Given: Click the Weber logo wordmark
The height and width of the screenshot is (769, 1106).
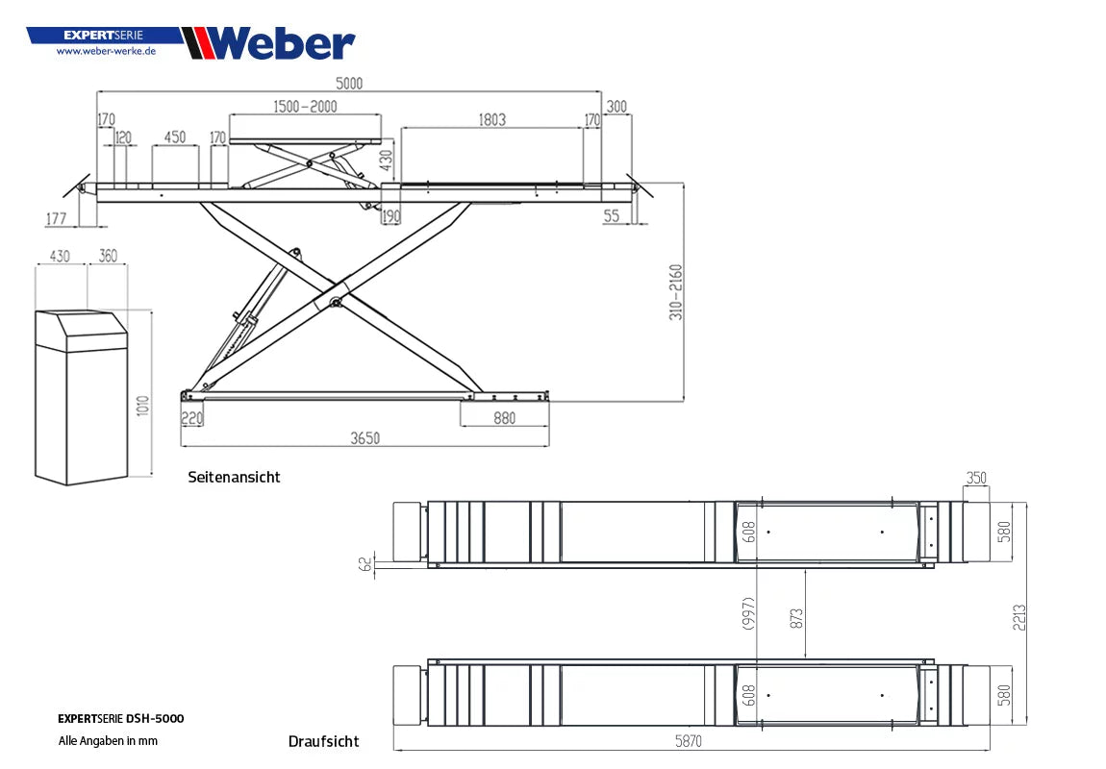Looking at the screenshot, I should (x=280, y=43).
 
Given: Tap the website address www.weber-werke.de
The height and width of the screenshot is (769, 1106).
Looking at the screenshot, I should (x=106, y=51).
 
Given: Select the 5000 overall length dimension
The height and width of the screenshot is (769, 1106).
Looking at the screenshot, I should (x=348, y=83).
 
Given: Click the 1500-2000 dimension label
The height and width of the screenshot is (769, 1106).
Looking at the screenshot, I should (x=305, y=107).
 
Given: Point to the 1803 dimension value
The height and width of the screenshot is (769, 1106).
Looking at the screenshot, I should (x=491, y=120).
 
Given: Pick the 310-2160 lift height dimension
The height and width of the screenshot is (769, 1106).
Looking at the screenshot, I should (x=676, y=291).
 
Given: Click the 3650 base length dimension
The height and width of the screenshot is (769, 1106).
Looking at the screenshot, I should (x=364, y=438).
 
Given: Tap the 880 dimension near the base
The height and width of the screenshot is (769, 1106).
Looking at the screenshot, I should (x=504, y=418).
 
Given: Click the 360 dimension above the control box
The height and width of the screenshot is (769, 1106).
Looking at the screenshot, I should (x=108, y=256).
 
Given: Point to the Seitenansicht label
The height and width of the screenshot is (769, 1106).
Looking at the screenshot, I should (x=234, y=477).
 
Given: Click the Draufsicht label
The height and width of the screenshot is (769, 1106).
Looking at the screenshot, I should (x=323, y=741).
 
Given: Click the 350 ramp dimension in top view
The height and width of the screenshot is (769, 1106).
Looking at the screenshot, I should (x=976, y=478).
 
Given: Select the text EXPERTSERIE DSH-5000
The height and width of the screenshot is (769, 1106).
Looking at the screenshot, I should (x=120, y=718).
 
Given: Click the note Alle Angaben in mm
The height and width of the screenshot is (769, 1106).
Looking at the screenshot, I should (x=108, y=741).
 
